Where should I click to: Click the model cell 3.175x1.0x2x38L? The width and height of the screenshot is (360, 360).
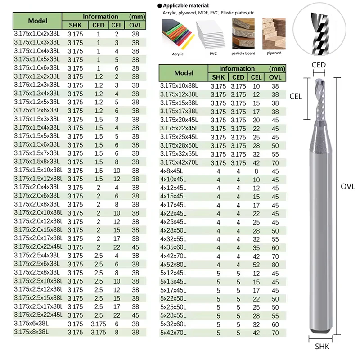[x=37, y=33]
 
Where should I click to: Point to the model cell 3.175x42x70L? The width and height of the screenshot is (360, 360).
[x=180, y=162]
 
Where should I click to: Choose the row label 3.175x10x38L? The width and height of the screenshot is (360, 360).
[x=179, y=85]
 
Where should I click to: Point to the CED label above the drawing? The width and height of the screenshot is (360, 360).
[x=319, y=65]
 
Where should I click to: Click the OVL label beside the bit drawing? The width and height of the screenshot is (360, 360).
[x=348, y=186]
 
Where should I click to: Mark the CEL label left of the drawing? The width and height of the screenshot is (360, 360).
[x=296, y=96]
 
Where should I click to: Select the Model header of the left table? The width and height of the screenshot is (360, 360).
[x=37, y=21]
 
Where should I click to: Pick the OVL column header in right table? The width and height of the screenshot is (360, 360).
[x=275, y=77]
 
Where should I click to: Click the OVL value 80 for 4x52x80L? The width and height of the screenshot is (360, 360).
[x=275, y=265]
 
